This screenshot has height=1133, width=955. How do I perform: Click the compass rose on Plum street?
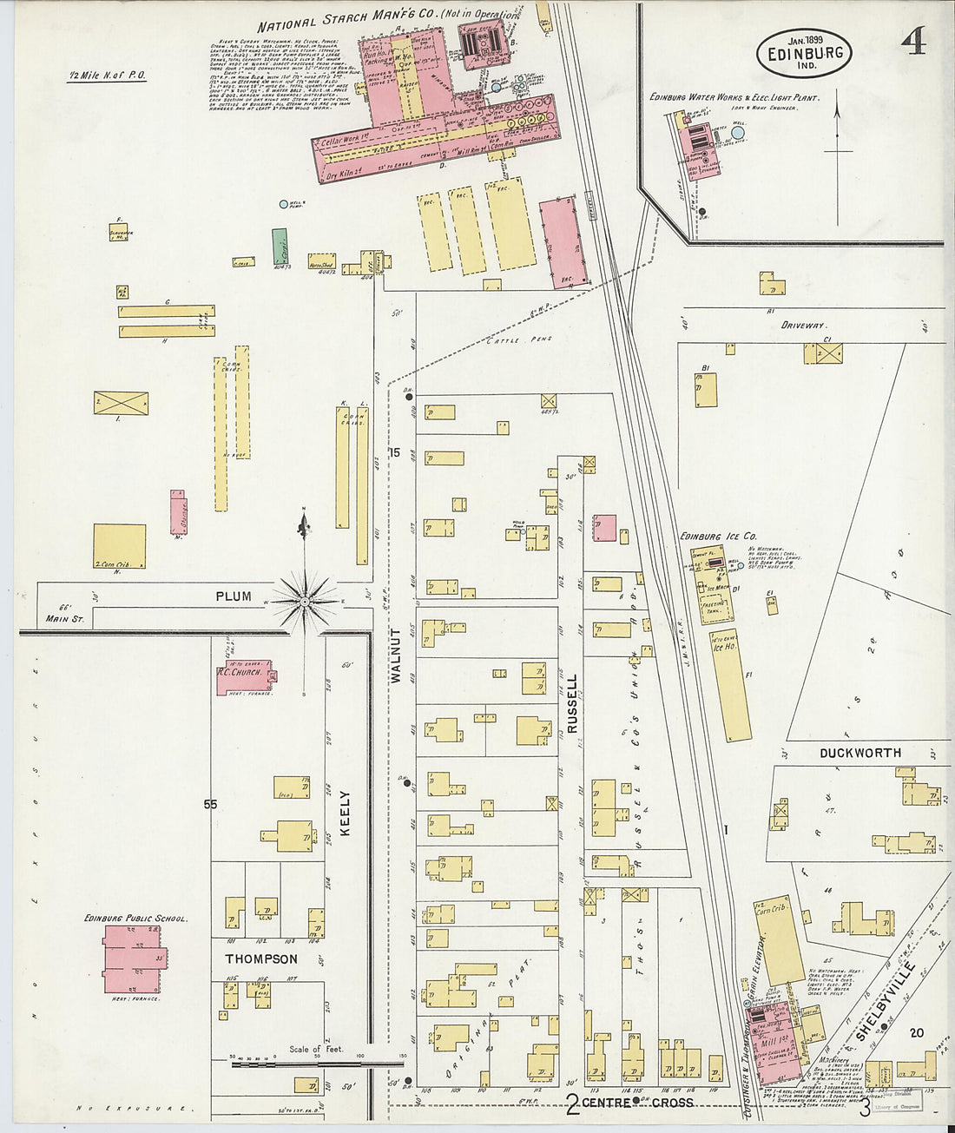pos(304,599)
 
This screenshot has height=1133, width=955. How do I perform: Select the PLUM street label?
pos(234,596)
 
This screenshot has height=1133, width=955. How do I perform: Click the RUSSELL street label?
pos(572,704)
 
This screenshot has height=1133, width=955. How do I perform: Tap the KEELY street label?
pos(345,813)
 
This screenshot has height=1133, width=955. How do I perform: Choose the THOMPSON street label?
pos(261,959)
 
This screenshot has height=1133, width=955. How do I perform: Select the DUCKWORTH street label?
pos(860,753)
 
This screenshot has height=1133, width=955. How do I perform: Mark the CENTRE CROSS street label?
pos(637,1103)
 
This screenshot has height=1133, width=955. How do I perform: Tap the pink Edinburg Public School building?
pos(132,958)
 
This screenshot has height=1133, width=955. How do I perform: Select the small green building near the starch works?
pos(279,246)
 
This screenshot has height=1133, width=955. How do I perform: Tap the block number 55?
pos(210,805)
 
